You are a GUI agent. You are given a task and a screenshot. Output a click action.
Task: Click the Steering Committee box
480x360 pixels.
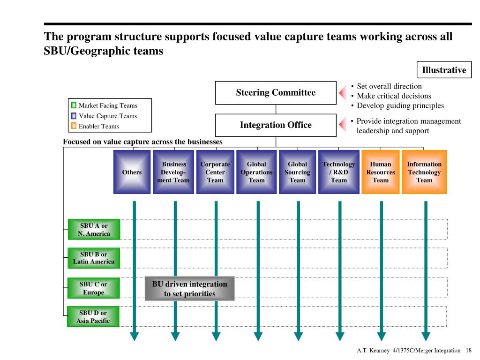[x=276, y=93]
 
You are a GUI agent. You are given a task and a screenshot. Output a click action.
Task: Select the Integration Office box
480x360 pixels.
[x=276, y=125]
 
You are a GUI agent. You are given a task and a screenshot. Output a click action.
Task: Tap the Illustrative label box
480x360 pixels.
[x=444, y=70]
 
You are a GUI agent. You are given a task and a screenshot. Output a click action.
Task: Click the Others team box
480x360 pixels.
[x=132, y=172]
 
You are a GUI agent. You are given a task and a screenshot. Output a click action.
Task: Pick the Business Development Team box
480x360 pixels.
[x=173, y=172]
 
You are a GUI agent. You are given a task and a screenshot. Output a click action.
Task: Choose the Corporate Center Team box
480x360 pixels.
[x=215, y=172]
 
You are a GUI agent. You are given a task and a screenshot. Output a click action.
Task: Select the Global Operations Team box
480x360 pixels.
[x=256, y=172]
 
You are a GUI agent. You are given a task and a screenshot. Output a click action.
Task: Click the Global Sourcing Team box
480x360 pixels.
[x=298, y=172]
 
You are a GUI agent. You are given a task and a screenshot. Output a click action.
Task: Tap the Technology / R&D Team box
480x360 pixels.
[x=339, y=172]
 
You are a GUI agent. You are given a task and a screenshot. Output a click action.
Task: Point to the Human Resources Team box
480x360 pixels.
[x=381, y=172]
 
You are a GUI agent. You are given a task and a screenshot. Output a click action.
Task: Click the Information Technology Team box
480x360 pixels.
[x=424, y=172]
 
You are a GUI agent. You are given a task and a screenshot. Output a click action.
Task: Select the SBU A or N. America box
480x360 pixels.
[x=94, y=230]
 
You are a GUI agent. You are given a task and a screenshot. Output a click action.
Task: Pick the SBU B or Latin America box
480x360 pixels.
[x=94, y=258]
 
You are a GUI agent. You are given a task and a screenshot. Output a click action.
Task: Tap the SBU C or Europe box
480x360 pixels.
[x=93, y=288]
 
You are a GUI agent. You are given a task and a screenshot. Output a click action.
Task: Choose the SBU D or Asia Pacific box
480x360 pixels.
[x=93, y=317]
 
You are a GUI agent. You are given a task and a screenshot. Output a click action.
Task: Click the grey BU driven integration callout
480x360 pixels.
[x=189, y=289]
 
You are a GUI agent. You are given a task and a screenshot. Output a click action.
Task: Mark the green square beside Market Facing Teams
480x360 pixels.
[x=74, y=105]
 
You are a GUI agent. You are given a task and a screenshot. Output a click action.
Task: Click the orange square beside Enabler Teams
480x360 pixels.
[x=74, y=126]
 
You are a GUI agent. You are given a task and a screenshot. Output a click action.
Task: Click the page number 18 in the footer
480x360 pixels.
[x=469, y=351]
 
